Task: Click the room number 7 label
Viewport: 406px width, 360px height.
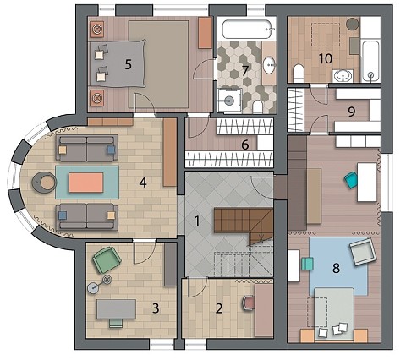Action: [x=244, y=71]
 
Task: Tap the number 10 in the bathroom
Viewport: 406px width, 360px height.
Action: [x=326, y=58]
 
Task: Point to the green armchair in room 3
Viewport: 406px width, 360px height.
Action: [x=107, y=259]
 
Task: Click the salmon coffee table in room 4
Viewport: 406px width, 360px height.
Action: [x=86, y=183]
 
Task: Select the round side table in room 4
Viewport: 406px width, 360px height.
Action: [x=44, y=183]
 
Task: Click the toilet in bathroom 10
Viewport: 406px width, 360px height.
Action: [x=299, y=74]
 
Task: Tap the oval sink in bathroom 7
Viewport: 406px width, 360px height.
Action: [x=270, y=65]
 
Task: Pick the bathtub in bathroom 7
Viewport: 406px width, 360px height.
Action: [x=248, y=29]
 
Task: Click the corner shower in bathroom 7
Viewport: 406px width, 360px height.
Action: [x=230, y=101]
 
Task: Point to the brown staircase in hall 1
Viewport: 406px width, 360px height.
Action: [x=244, y=224]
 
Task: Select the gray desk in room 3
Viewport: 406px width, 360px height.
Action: [x=116, y=309]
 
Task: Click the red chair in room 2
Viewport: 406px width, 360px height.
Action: [x=249, y=303]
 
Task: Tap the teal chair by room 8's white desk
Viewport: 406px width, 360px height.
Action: [x=351, y=181]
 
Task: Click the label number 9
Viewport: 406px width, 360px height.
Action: [x=351, y=112]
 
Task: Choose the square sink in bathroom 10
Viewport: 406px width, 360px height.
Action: [x=343, y=75]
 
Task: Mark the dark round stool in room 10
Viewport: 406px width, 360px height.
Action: [x=352, y=25]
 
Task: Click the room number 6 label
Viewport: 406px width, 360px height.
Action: [x=245, y=145]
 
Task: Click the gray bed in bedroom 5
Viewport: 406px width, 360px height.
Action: [x=118, y=63]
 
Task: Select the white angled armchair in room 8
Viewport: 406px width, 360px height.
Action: [x=363, y=251]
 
